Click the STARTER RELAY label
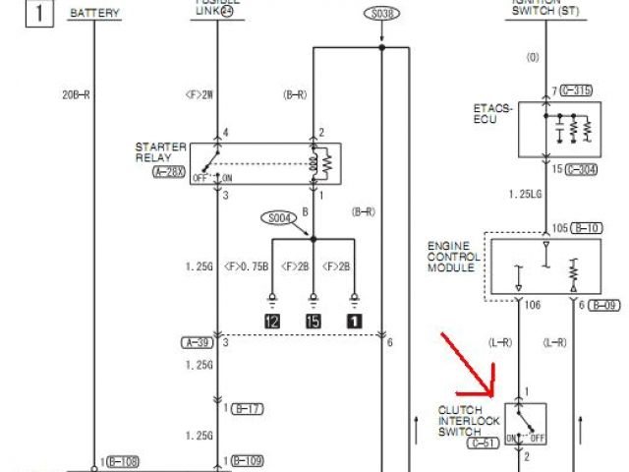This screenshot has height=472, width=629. click(x=160, y=152)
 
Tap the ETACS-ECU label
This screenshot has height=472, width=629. click(x=493, y=114)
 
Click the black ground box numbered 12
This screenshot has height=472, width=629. click(x=270, y=320)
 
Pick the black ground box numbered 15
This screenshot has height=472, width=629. click(x=313, y=320)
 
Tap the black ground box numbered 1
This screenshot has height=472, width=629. click(x=352, y=320)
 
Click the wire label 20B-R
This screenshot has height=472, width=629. click(x=77, y=94)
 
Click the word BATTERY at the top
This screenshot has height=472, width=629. click(x=95, y=14)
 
